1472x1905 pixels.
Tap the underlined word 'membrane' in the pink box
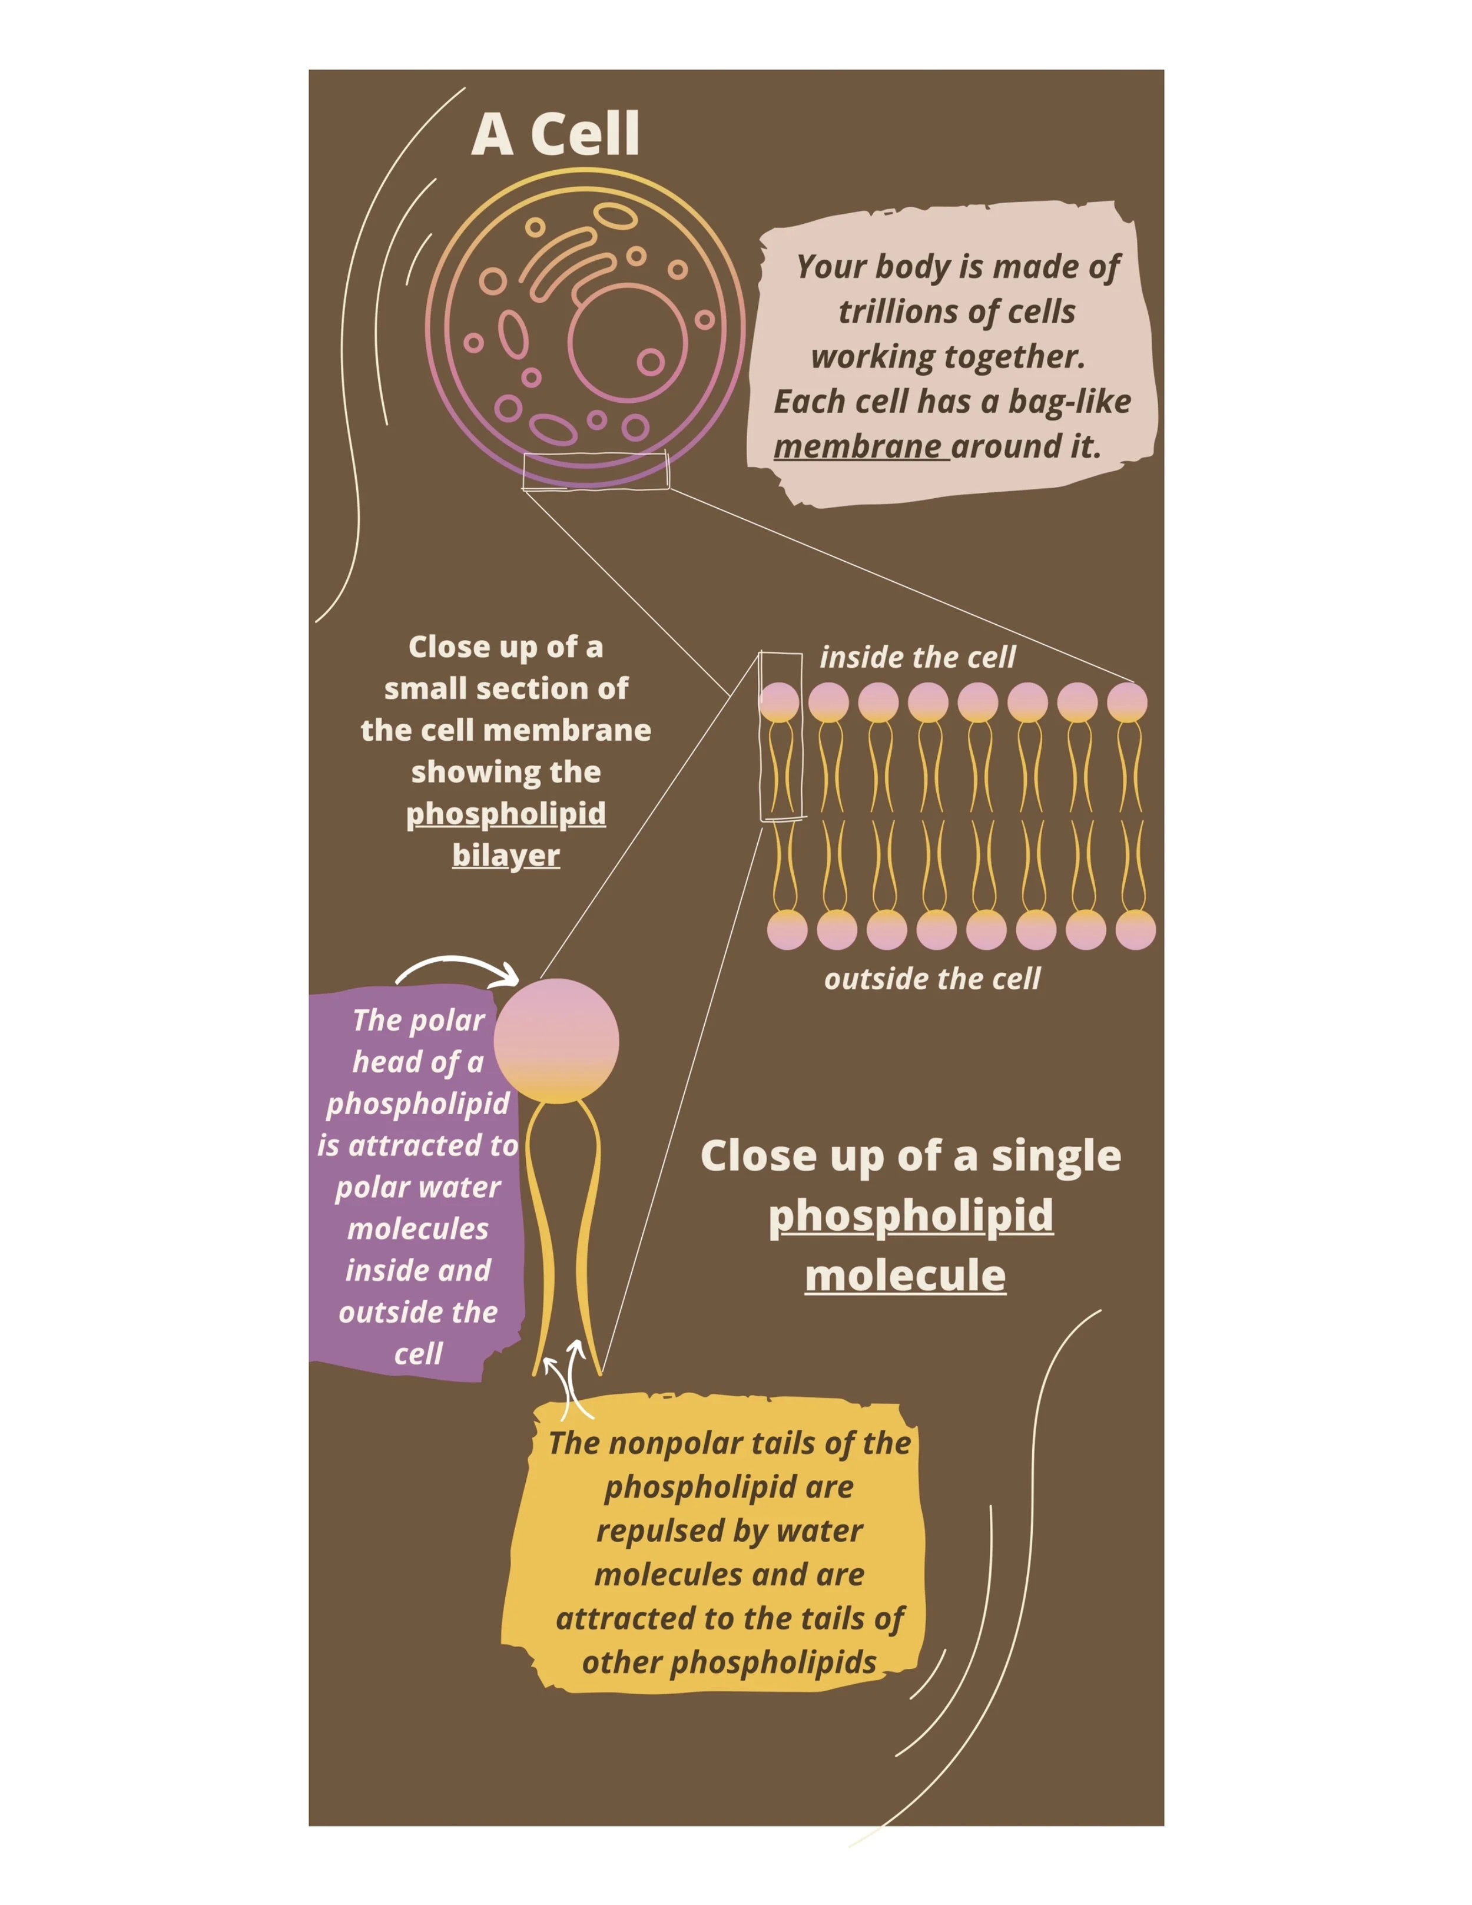(x=857, y=446)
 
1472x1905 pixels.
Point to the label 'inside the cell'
(x=917, y=657)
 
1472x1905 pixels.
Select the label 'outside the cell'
(x=932, y=979)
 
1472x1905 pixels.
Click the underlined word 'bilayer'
(x=506, y=855)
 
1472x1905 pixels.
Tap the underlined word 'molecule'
(x=905, y=1275)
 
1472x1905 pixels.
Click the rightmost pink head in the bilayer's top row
(x=1127, y=702)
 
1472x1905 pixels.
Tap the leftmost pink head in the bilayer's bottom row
(x=787, y=930)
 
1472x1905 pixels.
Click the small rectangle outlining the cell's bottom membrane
(x=596, y=471)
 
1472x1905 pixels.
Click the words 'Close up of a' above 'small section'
(x=506, y=647)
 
